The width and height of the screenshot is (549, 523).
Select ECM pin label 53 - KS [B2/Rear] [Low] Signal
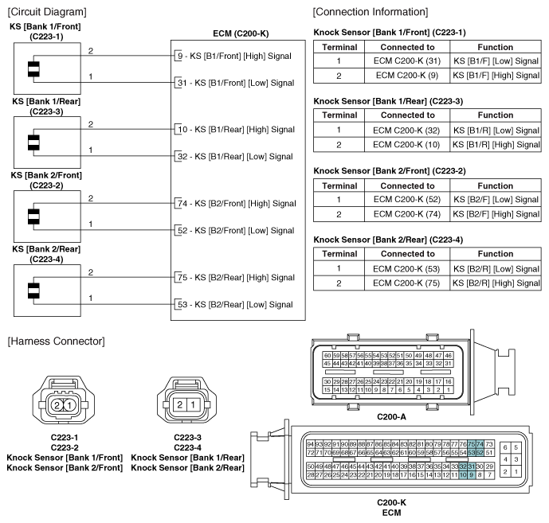234,303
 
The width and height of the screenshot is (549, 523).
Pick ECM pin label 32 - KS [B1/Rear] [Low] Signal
234,156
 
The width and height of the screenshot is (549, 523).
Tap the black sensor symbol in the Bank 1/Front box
33,69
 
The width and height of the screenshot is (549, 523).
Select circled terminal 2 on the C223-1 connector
57,405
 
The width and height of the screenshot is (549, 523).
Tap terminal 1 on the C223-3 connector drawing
192,405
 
